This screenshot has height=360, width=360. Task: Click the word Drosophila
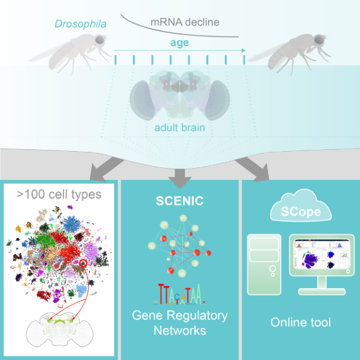[81, 24]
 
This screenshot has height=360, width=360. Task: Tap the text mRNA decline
[185, 22]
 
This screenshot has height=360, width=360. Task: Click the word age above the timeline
[180, 43]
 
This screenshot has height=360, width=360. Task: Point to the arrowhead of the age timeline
[244, 50]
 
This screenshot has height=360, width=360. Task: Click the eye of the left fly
[100, 40]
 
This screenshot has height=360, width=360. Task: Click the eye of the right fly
[319, 40]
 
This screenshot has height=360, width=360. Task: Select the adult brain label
[180, 128]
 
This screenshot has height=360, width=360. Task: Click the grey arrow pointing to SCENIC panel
[180, 178]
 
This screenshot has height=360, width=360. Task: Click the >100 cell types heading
[59, 194]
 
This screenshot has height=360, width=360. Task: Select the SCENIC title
[180, 201]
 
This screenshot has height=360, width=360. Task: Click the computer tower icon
[264, 264]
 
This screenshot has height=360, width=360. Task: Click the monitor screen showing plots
[322, 254]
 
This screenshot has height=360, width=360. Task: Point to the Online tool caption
[301, 322]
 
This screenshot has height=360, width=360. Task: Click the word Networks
[180, 330]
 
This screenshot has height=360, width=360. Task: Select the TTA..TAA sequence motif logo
[180, 295]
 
